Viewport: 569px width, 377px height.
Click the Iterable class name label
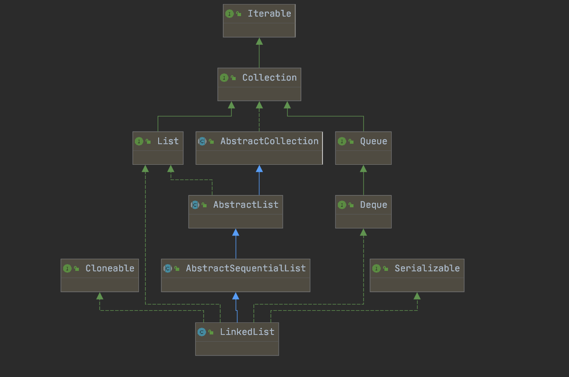click(269, 13)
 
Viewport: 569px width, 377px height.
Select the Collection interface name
click(269, 77)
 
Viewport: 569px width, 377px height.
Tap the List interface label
click(168, 141)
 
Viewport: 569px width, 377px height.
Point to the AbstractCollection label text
click(269, 141)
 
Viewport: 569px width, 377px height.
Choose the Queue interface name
click(373, 141)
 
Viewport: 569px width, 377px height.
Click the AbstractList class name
click(246, 205)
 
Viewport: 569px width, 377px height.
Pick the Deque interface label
click(373, 205)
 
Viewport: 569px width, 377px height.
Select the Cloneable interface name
click(110, 268)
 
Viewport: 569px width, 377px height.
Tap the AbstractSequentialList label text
click(246, 268)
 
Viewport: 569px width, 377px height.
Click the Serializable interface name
click(427, 268)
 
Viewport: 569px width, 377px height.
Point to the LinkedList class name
click(247, 332)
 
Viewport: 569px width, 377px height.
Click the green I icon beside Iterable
click(229, 14)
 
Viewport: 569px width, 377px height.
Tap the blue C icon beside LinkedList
click(202, 332)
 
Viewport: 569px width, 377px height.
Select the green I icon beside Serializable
click(376, 269)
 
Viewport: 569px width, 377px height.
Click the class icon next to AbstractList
click(195, 205)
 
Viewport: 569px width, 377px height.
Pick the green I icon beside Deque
click(342, 205)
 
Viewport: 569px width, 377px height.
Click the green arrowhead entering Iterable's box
click(259, 41)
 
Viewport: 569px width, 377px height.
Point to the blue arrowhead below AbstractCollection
click(259, 168)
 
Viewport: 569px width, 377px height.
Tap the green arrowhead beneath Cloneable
click(99, 296)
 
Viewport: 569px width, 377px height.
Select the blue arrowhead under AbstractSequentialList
click(236, 296)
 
